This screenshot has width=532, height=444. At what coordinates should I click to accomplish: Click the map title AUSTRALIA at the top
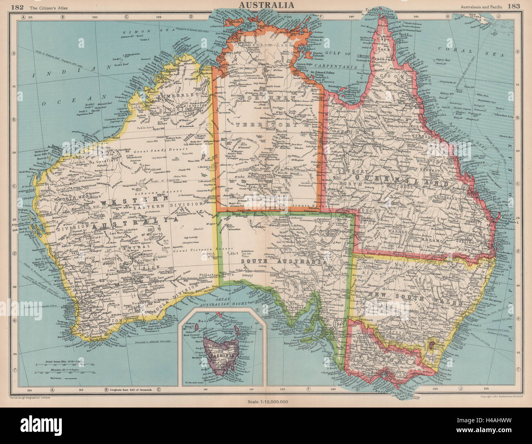pyautogui.click(x=266, y=5)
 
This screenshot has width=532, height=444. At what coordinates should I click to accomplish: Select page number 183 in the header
pyautogui.click(x=514, y=6)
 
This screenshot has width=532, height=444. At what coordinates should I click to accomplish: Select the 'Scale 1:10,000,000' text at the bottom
pyautogui.click(x=268, y=402)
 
